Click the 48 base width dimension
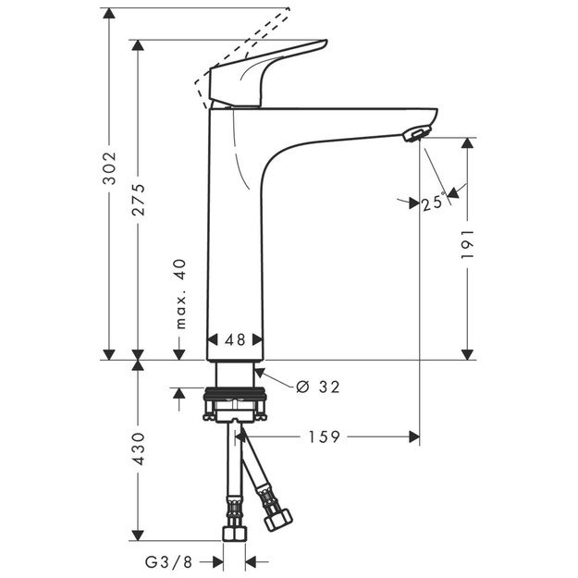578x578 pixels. coord(235,339)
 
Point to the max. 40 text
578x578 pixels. coord(181,295)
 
